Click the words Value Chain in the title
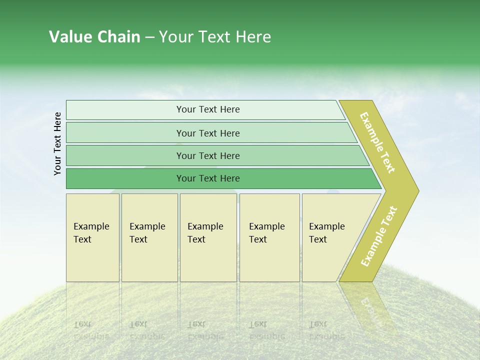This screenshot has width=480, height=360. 94,37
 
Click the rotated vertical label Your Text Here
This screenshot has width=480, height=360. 57,143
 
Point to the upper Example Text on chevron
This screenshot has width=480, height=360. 377,142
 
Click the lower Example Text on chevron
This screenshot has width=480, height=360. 379,236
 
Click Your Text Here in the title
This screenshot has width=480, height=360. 215,37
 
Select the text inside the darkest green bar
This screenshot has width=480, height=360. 208,178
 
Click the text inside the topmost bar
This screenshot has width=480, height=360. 208,109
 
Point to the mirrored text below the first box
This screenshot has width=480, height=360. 91,330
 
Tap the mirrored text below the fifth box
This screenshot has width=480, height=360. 326,330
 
